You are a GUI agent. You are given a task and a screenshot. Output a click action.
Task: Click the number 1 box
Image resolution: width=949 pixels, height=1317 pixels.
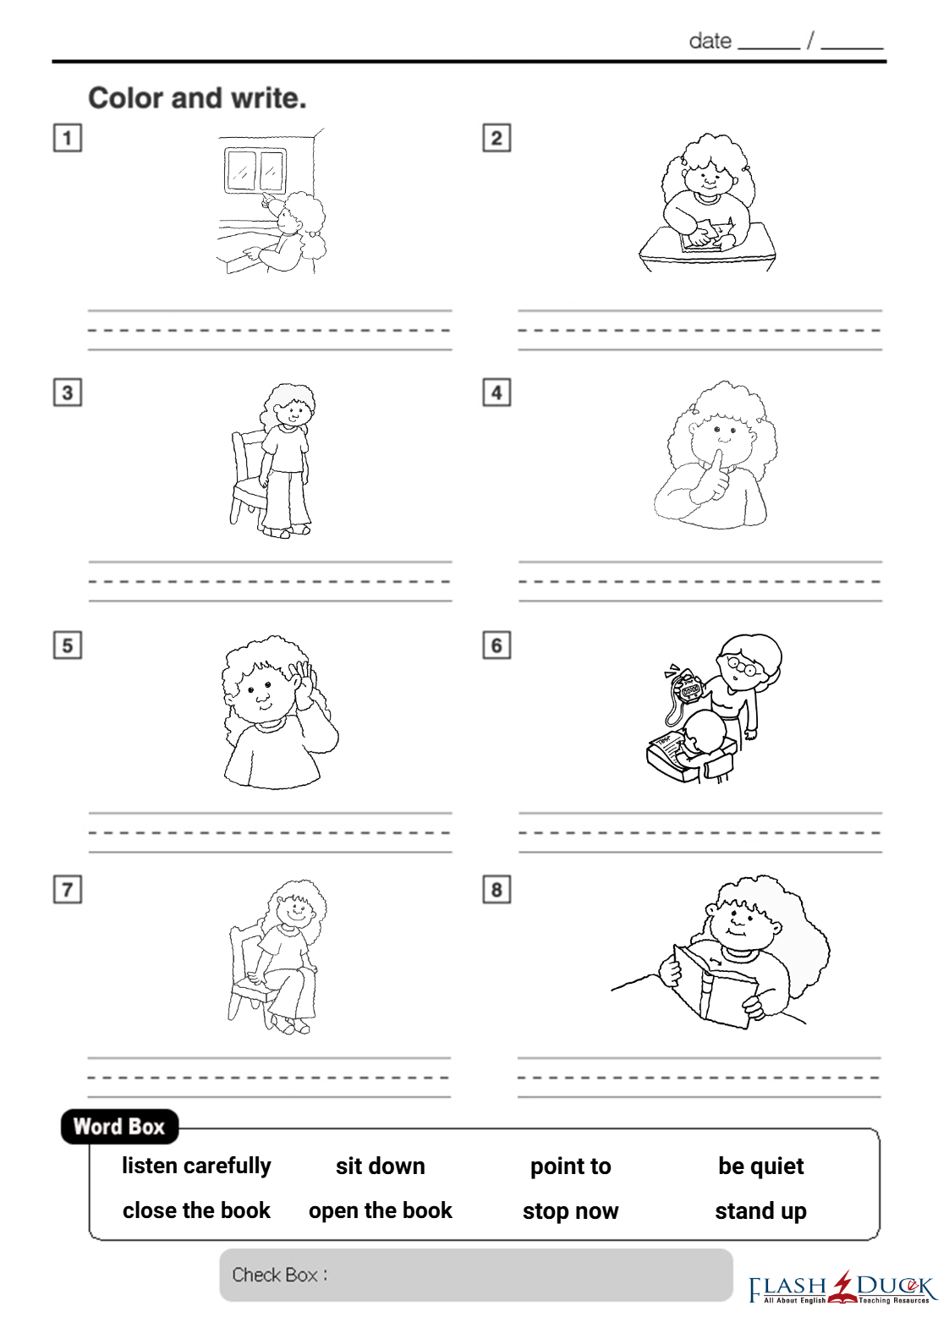pyautogui.click(x=68, y=138)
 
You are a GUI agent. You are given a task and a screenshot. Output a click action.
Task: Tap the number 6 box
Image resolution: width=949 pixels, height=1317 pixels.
pyautogui.click(x=496, y=645)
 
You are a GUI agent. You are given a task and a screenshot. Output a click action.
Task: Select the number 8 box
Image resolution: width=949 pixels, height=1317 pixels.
pyautogui.click(x=496, y=890)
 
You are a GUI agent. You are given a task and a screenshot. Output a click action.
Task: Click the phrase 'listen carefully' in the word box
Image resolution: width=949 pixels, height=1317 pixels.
pyautogui.click(x=196, y=1166)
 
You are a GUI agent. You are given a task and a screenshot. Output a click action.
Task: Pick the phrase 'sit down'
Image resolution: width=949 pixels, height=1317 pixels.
pyautogui.click(x=381, y=1166)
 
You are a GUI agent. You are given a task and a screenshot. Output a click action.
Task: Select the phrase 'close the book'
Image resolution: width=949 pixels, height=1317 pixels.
pyautogui.click(x=196, y=1210)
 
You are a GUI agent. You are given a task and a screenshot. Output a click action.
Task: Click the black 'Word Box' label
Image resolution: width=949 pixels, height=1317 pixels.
pyautogui.click(x=119, y=1127)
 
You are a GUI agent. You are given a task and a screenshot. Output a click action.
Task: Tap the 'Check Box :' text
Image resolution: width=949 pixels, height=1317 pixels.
pyautogui.click(x=280, y=1275)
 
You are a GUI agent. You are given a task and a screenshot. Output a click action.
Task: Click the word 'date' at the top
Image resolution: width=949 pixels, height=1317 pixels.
pyautogui.click(x=710, y=41)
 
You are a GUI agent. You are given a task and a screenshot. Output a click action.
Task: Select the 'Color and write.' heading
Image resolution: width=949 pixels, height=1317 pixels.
pyautogui.click(x=198, y=98)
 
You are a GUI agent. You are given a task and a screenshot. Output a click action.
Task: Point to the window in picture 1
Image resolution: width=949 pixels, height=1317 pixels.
pyautogui.click(x=255, y=171)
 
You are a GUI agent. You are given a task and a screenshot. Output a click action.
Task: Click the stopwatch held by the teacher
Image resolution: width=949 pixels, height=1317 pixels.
pyautogui.click(x=688, y=689)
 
